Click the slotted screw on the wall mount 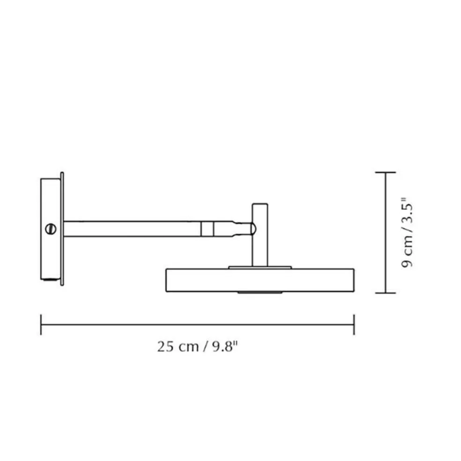pyautogui.click(x=51, y=229)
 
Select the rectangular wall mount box pyautogui.click(x=50, y=253)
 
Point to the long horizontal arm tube pyautogui.click(x=131, y=229)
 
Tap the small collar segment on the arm pyautogui.click(x=207, y=229)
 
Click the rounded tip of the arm pyautogui.click(x=252, y=229)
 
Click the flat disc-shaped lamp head pyautogui.click(x=260, y=280)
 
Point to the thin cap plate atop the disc pyautogui.click(x=260, y=268)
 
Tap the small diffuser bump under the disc pyautogui.click(x=260, y=293)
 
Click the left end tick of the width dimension pyautogui.click(x=41, y=325)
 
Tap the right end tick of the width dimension pyautogui.click(x=354, y=325)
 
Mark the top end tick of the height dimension pyautogui.click(x=386, y=172)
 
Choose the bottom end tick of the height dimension pyautogui.click(x=386, y=293)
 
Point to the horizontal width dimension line pyautogui.click(x=197, y=325)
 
